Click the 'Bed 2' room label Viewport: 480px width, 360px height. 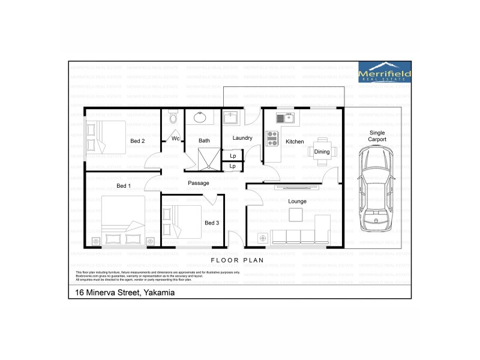click(137, 141)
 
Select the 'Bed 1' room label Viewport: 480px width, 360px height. click(124, 186)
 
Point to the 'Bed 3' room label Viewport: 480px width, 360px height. click(212, 223)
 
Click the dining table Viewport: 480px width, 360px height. click(322, 152)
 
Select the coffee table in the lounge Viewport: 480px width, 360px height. click(295, 214)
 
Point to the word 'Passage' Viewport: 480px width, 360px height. click(198, 183)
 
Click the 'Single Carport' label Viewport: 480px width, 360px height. click(377, 136)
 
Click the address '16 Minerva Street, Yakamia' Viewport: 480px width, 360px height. click(125, 293)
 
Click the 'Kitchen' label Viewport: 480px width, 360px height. click(295, 142)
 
